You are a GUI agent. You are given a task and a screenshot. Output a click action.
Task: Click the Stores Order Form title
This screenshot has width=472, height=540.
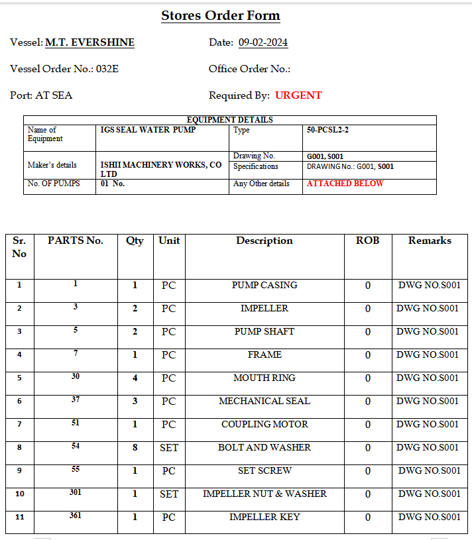point(221,16)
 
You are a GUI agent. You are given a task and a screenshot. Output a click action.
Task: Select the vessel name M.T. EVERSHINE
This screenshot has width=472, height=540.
point(89,42)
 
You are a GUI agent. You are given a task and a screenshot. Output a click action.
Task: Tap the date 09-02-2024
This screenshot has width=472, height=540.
point(263,42)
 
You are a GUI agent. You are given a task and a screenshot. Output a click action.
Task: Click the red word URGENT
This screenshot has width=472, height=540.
point(298,95)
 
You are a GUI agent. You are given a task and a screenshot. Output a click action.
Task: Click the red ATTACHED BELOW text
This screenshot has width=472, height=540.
point(345,184)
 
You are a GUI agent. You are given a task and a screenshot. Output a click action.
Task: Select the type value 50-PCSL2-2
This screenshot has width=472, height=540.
point(327,130)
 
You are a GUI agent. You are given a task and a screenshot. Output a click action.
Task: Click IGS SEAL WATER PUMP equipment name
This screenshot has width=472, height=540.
point(148,130)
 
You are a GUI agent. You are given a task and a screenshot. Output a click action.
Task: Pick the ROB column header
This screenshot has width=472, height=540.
point(368,241)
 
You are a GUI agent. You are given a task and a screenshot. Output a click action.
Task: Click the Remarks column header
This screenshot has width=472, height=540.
point(430,241)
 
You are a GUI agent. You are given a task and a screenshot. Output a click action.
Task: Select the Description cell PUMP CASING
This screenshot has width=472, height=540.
point(265,285)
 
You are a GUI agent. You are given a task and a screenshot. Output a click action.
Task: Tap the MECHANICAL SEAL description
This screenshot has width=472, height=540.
point(265,401)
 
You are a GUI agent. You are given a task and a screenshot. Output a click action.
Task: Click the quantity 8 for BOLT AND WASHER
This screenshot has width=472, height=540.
point(135,447)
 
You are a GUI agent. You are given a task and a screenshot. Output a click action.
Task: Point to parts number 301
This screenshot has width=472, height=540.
point(76,492)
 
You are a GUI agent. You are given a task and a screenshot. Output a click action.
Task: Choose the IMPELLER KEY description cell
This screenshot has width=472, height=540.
point(265,517)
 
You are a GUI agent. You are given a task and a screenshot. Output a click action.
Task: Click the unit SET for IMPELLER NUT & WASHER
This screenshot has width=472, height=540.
point(169,494)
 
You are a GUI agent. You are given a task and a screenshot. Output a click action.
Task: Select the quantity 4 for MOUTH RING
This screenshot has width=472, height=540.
point(135,378)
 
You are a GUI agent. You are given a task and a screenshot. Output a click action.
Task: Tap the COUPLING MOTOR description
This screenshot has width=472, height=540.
point(265,424)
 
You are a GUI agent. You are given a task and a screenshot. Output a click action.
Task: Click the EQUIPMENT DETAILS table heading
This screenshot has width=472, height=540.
point(230,120)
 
